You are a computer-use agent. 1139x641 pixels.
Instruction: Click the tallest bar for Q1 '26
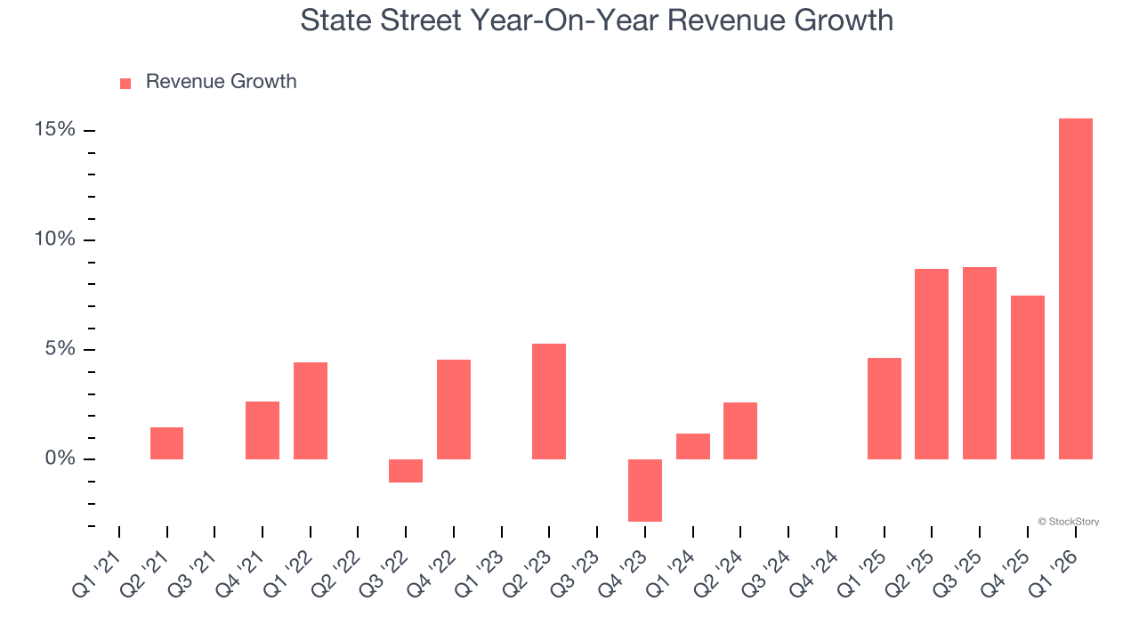1075,288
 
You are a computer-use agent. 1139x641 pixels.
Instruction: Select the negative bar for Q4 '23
644,490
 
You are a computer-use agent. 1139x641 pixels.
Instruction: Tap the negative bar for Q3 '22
406,470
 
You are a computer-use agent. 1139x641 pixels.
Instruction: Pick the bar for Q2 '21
166,442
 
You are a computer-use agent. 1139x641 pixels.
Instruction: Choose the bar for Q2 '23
549,401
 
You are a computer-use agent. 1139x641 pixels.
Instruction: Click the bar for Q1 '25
884,408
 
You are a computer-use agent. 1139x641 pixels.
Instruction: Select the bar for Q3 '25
979,362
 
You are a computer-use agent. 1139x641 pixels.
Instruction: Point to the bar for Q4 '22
453,409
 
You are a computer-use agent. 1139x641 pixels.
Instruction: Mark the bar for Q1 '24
692,446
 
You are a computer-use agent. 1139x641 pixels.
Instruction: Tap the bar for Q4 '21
263,430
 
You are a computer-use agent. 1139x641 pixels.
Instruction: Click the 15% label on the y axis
55,130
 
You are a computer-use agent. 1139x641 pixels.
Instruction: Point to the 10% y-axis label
55,239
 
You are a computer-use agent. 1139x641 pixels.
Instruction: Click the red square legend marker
125,83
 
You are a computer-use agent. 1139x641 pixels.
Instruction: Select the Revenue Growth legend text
221,82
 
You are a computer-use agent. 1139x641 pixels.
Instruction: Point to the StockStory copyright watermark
1068,522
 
